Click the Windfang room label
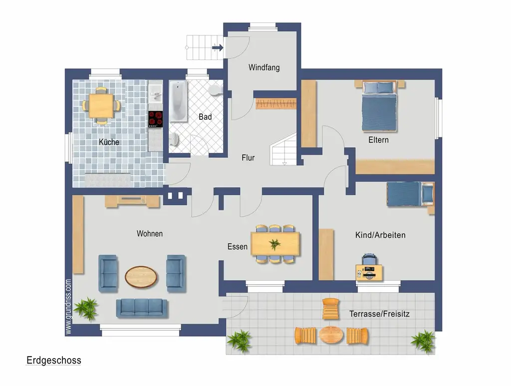pos(264,67)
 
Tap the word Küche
pos(109,142)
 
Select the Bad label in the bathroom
pos(205,117)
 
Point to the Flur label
pos(248,158)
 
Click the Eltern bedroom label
pos(378,140)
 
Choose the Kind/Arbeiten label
pos(380,235)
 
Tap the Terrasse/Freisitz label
pos(379,314)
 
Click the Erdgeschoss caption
pos(54,360)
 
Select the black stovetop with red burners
pos(156,119)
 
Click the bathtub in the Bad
pos(178,101)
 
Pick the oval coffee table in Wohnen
pos(141,277)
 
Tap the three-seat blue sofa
pos(142,308)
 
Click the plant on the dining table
pos(275,244)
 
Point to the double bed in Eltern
pos(379,106)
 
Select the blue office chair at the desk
pos(369,260)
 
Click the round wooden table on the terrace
pos(331,335)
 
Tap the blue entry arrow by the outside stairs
pos(218,47)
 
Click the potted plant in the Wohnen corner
pos(86,309)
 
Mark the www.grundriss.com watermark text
pos(68,307)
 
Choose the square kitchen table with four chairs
pos(101,106)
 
